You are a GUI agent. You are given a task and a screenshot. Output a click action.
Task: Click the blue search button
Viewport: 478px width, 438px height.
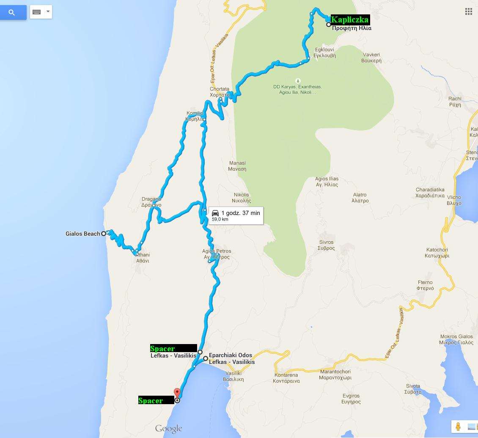click(12, 12)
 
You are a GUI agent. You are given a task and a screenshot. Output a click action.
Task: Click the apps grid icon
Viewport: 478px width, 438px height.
click(468, 11)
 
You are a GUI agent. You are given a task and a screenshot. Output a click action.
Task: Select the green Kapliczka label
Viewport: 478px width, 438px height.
click(349, 19)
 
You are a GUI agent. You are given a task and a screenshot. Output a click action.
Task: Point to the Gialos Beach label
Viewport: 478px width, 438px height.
click(83, 234)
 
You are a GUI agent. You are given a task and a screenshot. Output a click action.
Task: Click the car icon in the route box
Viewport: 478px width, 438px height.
click(215, 213)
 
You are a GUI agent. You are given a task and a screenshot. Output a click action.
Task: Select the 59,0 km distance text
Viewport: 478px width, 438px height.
click(220, 219)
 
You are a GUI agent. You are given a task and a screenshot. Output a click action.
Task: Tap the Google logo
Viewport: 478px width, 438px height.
click(168, 428)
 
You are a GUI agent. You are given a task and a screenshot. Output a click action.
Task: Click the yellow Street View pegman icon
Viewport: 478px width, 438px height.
click(458, 426)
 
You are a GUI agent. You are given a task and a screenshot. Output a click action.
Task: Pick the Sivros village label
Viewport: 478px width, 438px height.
click(326, 245)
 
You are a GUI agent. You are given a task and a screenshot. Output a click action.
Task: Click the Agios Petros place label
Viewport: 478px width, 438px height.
click(217, 254)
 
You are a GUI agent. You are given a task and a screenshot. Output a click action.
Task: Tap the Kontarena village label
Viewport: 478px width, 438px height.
click(287, 378)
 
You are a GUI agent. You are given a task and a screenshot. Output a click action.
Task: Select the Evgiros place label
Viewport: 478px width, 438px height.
click(351, 399)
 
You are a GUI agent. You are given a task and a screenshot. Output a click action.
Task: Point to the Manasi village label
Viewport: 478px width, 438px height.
click(237, 166)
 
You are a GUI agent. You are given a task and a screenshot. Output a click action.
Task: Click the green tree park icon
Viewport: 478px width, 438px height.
click(298, 80)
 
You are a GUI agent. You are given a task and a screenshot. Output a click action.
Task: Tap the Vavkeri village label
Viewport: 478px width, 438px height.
click(372, 58)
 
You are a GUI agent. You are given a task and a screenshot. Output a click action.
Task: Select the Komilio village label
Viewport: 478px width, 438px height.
click(195, 116)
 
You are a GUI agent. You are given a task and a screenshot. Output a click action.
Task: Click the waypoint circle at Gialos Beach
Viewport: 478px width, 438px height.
click(104, 234)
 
